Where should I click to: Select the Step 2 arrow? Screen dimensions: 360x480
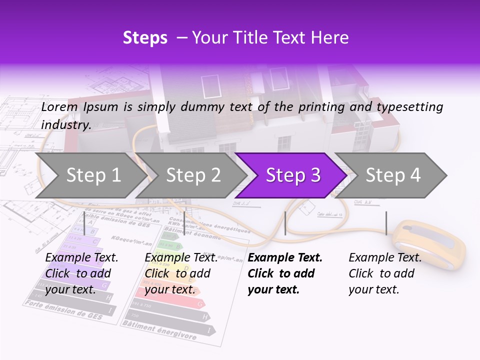tap(193, 175)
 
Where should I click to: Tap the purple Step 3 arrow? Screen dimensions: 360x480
tap(293, 175)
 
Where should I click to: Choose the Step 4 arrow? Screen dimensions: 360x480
tap(393, 175)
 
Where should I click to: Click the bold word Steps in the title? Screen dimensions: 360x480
tap(145, 37)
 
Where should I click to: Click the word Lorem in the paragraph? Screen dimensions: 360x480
tap(59, 106)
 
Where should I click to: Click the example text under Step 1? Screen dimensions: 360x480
tap(81, 273)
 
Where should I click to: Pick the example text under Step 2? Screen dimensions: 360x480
tap(180, 273)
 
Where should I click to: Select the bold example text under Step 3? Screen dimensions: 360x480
tap(284, 273)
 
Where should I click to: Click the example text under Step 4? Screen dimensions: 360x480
tap(384, 273)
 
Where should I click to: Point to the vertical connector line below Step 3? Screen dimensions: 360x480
tap(285, 223)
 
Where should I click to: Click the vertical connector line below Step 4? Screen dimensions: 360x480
tap(386, 223)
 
